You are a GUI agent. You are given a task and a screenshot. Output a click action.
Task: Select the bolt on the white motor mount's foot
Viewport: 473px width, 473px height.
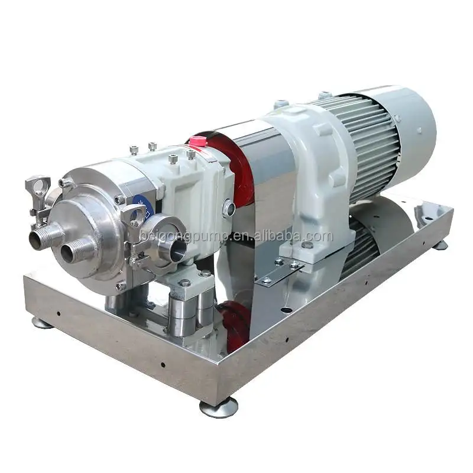[307, 245]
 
